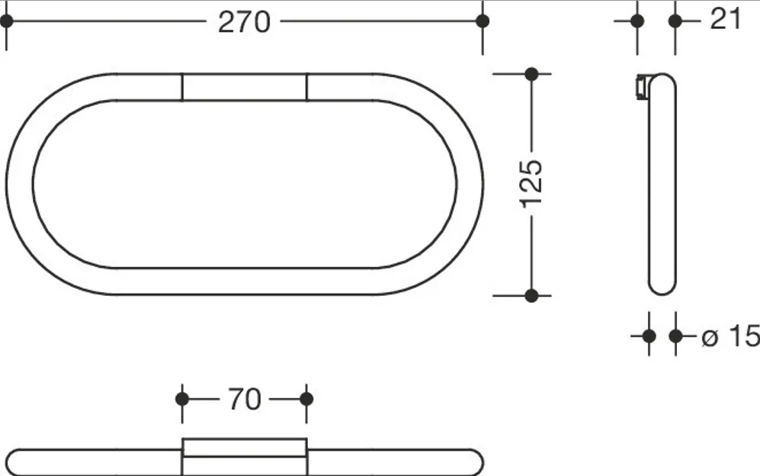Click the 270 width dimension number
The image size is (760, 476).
coord(244,22)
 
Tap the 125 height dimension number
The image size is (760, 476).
coord(532,184)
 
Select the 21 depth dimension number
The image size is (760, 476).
coord(726,19)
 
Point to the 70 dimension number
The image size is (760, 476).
coord(244,399)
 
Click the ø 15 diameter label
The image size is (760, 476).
coord(730,336)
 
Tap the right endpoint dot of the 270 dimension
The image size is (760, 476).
coord(483,21)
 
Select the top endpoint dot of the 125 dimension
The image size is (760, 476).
coord(532,74)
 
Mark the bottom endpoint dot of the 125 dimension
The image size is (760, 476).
coord(532,295)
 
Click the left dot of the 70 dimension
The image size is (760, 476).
coord(182,399)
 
